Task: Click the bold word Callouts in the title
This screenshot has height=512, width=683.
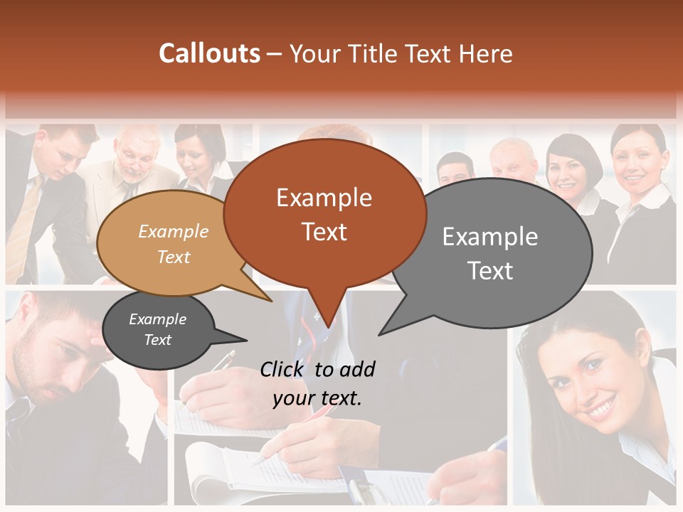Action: [x=209, y=53]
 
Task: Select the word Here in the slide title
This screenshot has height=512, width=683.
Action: [x=486, y=54]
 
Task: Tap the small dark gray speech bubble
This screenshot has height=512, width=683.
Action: [x=158, y=330]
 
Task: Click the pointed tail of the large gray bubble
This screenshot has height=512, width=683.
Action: [x=388, y=329]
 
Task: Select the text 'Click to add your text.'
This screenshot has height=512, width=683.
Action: [x=317, y=383]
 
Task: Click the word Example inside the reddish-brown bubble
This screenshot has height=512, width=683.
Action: [x=324, y=198]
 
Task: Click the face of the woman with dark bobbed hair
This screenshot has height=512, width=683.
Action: [x=570, y=175]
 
